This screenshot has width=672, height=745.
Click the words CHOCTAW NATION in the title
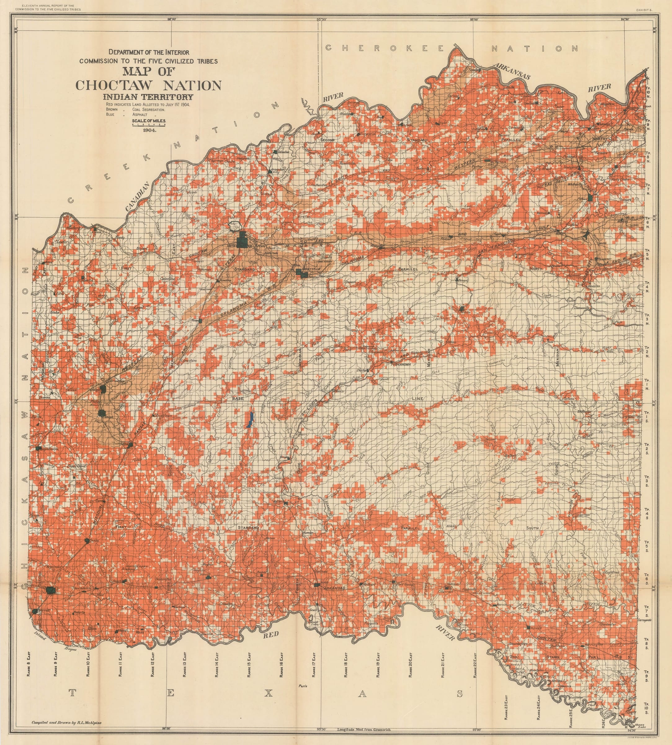tap(149, 85)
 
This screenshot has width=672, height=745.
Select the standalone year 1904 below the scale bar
tap(149, 130)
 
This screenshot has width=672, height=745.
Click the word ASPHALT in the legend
tap(140, 115)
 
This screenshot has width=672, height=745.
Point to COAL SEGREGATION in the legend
tap(146, 109)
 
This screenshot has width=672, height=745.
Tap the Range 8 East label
tap(29, 664)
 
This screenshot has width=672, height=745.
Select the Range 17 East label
tap(314, 664)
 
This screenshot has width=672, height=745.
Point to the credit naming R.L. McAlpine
tap(66, 722)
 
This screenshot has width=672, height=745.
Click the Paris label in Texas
tap(303, 686)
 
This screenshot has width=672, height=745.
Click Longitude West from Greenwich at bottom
tap(364, 730)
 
